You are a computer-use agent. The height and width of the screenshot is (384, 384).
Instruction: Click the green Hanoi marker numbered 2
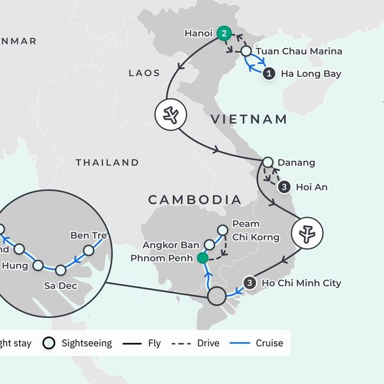point(223,33)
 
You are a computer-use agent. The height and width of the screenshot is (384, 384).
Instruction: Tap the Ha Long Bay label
point(312,74)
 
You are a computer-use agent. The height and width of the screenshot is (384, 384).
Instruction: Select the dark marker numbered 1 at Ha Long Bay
point(269,74)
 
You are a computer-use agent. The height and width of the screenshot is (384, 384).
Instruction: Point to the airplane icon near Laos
point(170,115)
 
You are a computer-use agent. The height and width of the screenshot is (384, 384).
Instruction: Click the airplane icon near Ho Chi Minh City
point(307,234)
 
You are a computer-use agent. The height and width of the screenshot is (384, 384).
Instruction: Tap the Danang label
point(296,163)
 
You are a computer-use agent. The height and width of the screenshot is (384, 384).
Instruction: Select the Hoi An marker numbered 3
point(284,187)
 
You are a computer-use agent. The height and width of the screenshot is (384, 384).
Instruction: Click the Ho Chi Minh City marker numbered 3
point(250,283)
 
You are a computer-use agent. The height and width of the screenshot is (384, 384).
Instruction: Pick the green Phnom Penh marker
point(203,258)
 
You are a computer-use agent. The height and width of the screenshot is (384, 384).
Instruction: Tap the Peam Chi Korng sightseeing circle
point(223,230)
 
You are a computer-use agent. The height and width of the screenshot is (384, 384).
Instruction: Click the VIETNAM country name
point(249,119)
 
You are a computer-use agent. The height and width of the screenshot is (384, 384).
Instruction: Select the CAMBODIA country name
point(195,200)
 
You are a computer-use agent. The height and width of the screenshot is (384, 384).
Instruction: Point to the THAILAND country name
point(107,163)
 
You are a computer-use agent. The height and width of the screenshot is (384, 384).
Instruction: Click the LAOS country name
point(144,73)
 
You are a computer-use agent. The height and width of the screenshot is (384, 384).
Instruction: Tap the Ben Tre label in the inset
point(89,236)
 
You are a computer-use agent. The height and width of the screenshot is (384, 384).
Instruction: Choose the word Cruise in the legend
point(269,344)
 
